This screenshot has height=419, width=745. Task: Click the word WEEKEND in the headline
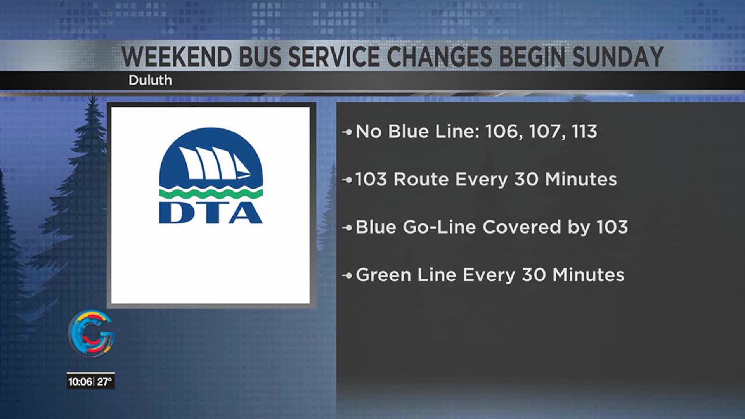tap(177, 57)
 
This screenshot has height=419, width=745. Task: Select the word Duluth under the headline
tap(150, 80)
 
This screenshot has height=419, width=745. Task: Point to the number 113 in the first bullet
tap(584, 132)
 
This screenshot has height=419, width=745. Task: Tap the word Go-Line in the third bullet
tap(439, 227)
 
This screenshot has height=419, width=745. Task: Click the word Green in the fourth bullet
tap(383, 275)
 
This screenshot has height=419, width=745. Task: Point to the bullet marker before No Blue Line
tap(347, 132)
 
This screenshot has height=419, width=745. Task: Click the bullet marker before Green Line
tap(347, 275)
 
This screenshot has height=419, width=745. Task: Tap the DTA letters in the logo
tap(211, 213)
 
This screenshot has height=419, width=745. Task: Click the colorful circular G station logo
tap(92, 333)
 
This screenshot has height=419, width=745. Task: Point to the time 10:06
tap(80, 382)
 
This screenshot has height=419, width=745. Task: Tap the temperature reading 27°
tap(104, 382)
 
